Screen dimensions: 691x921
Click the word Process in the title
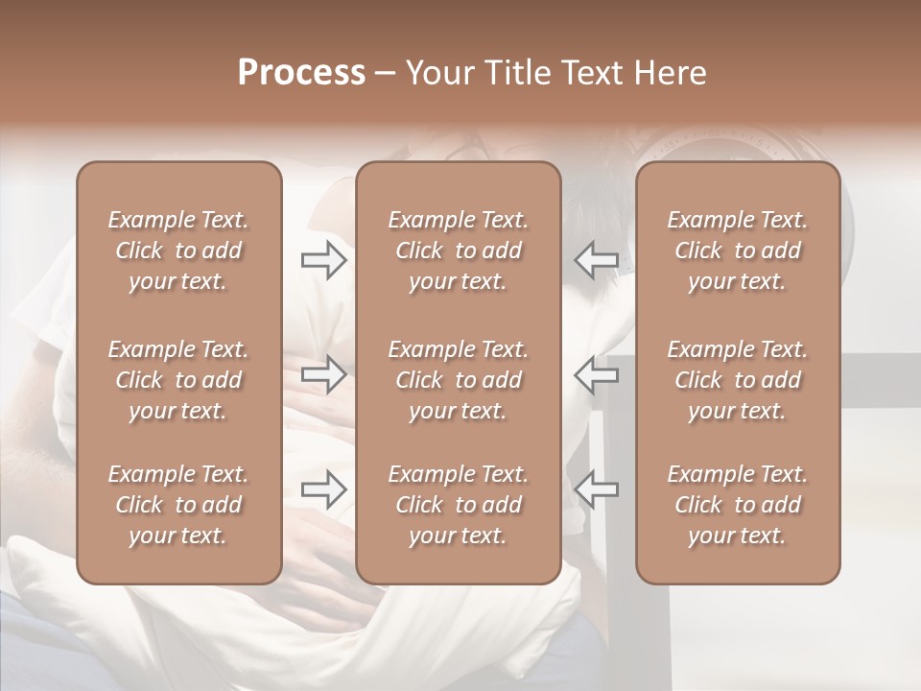tap(301, 73)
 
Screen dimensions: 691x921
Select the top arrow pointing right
tap(323, 260)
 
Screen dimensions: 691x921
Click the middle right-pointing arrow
tap(323, 374)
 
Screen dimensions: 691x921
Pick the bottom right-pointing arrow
tap(323, 489)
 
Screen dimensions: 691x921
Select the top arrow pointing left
tap(596, 260)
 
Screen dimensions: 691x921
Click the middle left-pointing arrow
tap(596, 374)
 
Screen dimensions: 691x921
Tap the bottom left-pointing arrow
tap(596, 489)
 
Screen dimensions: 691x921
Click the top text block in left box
tap(178, 250)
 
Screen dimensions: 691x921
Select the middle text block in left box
tap(178, 380)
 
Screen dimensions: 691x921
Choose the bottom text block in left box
tap(178, 505)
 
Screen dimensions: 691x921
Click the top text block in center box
tap(458, 250)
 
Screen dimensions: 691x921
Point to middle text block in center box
tap(458, 380)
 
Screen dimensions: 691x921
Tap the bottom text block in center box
tap(458, 505)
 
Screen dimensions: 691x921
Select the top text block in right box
tap(738, 250)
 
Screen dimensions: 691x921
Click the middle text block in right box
tap(738, 380)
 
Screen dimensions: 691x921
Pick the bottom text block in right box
tap(738, 505)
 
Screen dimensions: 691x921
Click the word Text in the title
tap(593, 73)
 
